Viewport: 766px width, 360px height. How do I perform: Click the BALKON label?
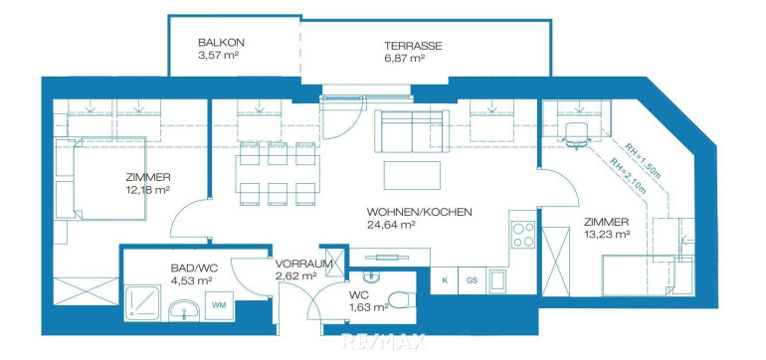(x=221, y=43)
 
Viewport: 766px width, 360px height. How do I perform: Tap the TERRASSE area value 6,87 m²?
(x=404, y=59)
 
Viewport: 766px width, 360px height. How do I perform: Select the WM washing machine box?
(x=219, y=305)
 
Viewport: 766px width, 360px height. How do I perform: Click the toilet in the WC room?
(x=402, y=300)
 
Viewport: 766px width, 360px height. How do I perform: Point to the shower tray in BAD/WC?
(x=142, y=303)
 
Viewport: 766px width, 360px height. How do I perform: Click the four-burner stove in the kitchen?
(x=523, y=235)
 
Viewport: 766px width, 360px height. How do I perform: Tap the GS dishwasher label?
(x=472, y=280)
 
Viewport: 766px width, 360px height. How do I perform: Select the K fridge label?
(x=445, y=280)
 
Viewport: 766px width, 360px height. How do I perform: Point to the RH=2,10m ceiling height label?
(x=629, y=173)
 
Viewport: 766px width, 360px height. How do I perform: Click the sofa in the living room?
(x=412, y=131)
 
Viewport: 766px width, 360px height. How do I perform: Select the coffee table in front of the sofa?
(x=412, y=175)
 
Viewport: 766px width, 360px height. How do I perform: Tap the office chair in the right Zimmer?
(x=576, y=134)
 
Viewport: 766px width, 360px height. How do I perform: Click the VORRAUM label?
(x=303, y=264)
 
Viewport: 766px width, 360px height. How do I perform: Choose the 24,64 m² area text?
(x=391, y=225)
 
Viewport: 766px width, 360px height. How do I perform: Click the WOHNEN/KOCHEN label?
(x=419, y=213)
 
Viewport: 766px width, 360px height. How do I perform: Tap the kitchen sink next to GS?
(x=497, y=280)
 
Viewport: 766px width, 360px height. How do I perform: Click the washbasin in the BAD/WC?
(x=184, y=310)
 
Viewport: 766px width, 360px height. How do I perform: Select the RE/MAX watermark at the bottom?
(x=384, y=341)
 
